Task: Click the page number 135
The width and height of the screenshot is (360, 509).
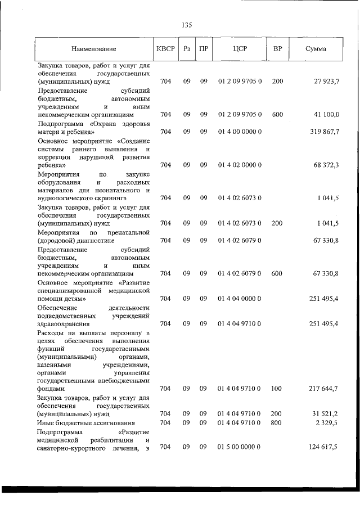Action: (x=187, y=25)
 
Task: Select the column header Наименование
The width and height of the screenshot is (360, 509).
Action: (x=93, y=49)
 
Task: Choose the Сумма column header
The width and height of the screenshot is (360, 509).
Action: (x=316, y=49)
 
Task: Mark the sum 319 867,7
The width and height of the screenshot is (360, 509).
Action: (x=324, y=132)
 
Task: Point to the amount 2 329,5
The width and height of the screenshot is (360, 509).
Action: (x=327, y=422)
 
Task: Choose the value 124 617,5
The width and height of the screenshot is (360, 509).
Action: (x=324, y=447)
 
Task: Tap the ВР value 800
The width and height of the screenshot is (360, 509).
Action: (x=277, y=422)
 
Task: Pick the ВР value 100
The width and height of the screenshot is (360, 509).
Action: (x=277, y=389)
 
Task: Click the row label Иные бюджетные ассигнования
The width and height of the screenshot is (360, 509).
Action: (x=81, y=422)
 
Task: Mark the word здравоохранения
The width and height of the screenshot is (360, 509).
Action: (x=64, y=324)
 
